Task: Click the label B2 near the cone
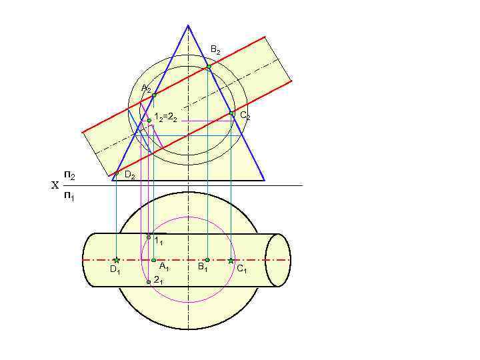click(x=215, y=50)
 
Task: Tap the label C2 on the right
click(x=245, y=116)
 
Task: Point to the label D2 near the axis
click(x=130, y=176)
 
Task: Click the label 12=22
click(x=165, y=118)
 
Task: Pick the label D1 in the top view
click(x=115, y=270)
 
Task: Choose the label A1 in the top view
click(x=163, y=267)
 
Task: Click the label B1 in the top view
click(x=202, y=268)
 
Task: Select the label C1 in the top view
click(x=241, y=269)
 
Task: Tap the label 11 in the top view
click(x=158, y=241)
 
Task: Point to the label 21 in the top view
click(x=158, y=280)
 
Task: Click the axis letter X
click(x=55, y=186)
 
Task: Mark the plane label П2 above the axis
click(x=69, y=175)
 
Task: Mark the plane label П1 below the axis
click(x=69, y=197)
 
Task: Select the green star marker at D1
click(x=116, y=260)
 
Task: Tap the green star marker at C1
click(x=231, y=260)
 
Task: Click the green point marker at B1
click(x=207, y=260)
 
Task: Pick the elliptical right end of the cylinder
click(x=278, y=260)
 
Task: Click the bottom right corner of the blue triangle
click(x=265, y=181)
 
